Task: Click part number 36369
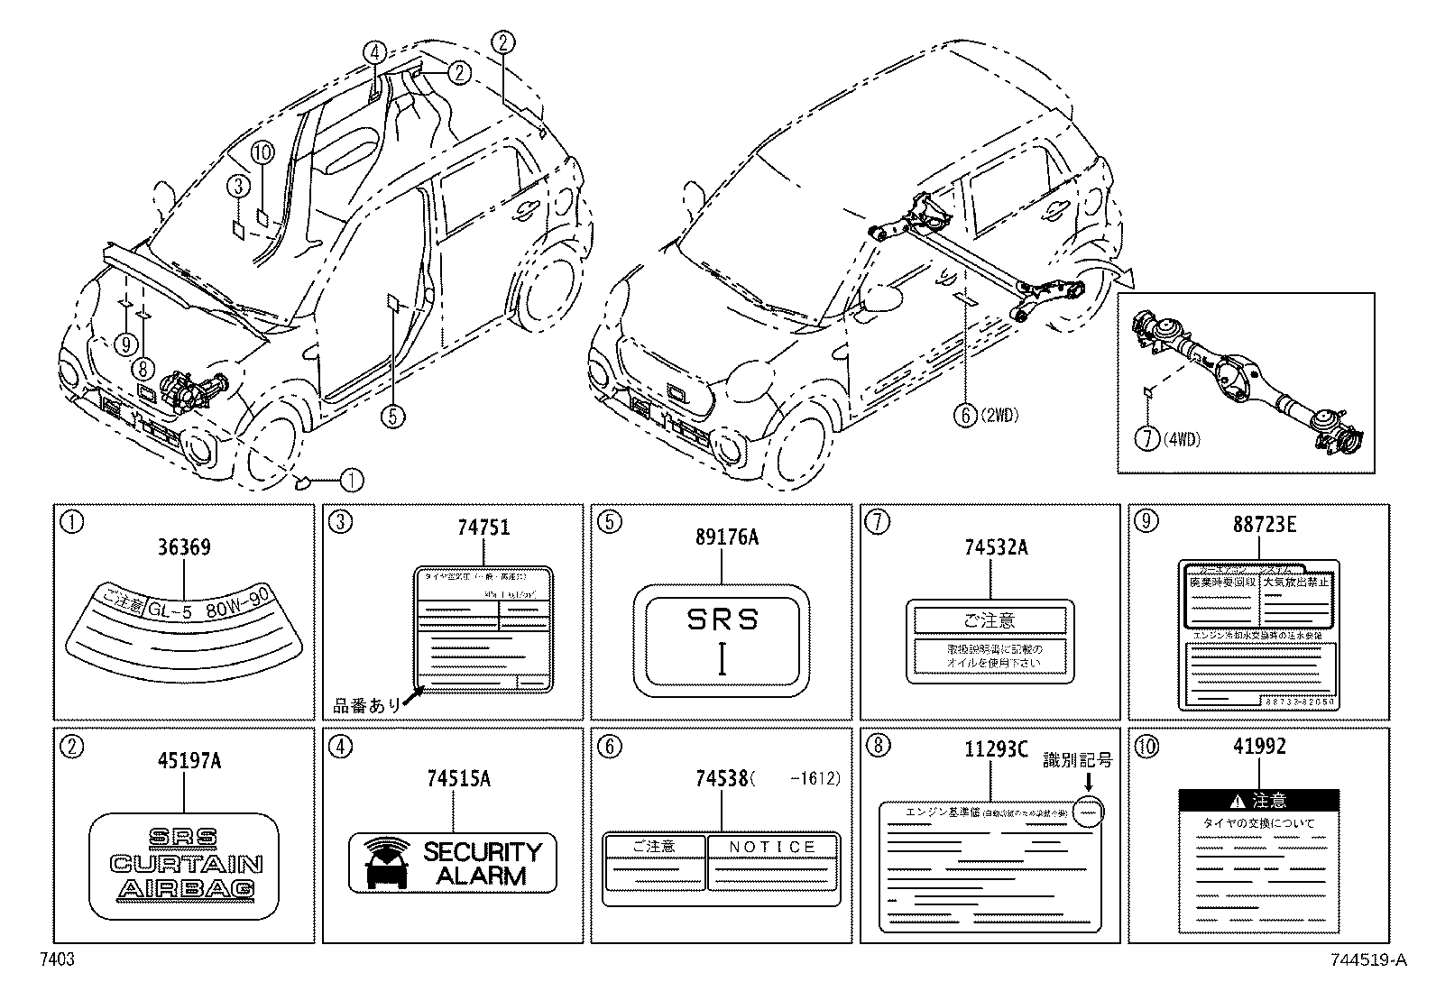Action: point(184,546)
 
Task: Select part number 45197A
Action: point(184,760)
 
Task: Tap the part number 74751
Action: point(483,528)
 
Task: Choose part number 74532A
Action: point(990,546)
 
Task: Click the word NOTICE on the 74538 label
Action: point(772,847)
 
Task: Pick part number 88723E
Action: point(1258,526)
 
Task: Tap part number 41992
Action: point(1258,747)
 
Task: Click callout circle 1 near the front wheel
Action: point(352,481)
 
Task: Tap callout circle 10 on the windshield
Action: point(262,152)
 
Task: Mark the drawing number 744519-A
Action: point(1367,961)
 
